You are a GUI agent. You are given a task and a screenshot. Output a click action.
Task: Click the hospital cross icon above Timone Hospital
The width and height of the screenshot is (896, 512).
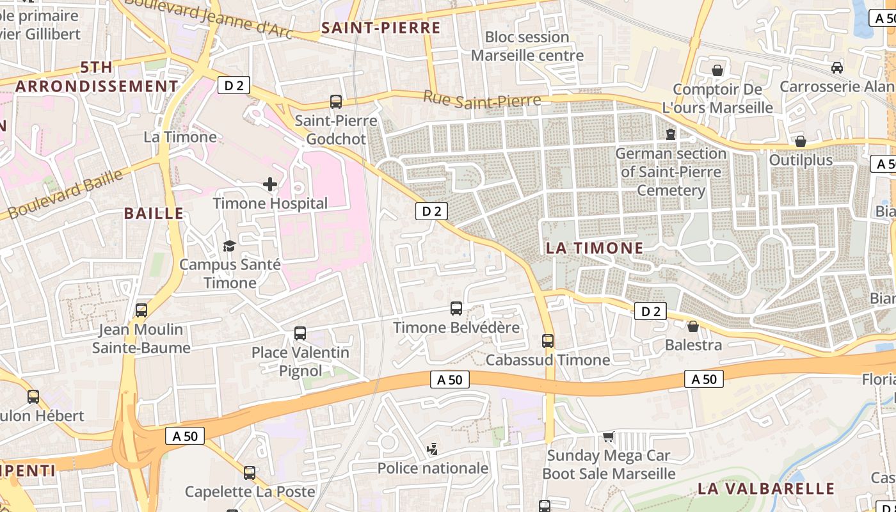pos(270,184)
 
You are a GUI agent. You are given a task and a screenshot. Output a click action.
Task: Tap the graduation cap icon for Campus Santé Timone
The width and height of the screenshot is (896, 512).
pos(229,246)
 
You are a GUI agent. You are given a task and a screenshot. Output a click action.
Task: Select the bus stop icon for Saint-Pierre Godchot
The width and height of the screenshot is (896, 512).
pos(336,101)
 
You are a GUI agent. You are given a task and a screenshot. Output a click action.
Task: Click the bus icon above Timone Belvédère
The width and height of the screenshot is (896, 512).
pos(456,308)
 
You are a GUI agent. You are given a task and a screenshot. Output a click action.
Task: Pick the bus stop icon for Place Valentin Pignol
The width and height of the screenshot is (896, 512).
pos(300,333)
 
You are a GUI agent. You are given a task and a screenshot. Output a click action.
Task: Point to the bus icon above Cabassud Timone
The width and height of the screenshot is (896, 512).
pos(548,341)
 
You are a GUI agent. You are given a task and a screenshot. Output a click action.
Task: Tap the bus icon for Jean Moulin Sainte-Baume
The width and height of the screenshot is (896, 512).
pos(141,310)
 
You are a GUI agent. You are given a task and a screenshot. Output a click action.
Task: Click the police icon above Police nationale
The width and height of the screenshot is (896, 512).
pos(433,449)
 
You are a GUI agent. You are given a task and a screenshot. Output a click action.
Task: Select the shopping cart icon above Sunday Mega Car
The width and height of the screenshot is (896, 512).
pos(608,436)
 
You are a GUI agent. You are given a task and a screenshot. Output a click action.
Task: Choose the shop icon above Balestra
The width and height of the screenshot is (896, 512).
pos(693,326)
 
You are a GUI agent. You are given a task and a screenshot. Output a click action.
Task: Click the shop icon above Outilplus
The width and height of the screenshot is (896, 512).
pos(801,141)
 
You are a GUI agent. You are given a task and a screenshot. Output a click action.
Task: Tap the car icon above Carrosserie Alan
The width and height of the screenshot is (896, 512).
pos(837,68)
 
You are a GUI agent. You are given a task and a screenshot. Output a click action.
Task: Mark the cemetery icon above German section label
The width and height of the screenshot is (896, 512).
pos(671,134)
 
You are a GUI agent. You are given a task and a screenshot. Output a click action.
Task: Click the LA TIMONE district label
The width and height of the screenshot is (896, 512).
pos(595,248)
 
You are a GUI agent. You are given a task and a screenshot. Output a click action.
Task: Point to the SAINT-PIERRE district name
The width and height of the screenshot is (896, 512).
pos(381,28)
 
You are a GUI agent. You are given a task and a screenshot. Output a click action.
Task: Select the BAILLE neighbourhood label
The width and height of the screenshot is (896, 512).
pos(154,214)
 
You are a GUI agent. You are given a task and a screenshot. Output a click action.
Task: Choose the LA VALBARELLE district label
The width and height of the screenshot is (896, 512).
pos(766,489)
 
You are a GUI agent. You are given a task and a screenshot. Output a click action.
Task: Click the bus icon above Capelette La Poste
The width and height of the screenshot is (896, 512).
pos(250,473)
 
